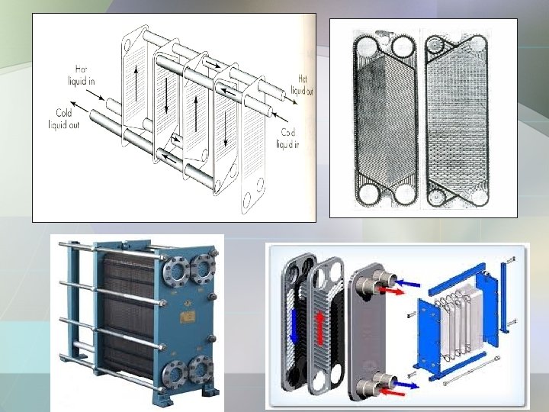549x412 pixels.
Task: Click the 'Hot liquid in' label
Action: tap(82, 75)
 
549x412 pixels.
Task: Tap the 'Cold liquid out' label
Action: tap(64, 119)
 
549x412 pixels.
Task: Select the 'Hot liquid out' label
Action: tap(302, 85)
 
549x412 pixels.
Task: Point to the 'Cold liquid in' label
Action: tap(287, 138)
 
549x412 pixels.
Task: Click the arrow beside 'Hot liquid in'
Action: tap(95, 95)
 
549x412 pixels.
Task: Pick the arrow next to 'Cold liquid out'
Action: tap(79, 107)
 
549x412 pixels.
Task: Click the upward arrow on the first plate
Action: tap(136, 83)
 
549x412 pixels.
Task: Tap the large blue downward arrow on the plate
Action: tap(294, 326)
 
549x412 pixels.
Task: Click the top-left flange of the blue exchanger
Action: tap(176, 271)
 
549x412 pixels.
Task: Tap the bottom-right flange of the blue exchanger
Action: tap(201, 369)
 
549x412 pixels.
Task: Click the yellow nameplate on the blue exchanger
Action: tap(188, 317)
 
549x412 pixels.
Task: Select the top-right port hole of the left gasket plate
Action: tap(403, 47)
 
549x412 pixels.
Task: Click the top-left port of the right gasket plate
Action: tap(435, 45)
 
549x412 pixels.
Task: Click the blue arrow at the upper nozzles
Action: tap(407, 282)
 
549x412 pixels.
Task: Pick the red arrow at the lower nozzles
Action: tap(392, 391)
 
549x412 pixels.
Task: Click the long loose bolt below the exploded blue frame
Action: tap(471, 371)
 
